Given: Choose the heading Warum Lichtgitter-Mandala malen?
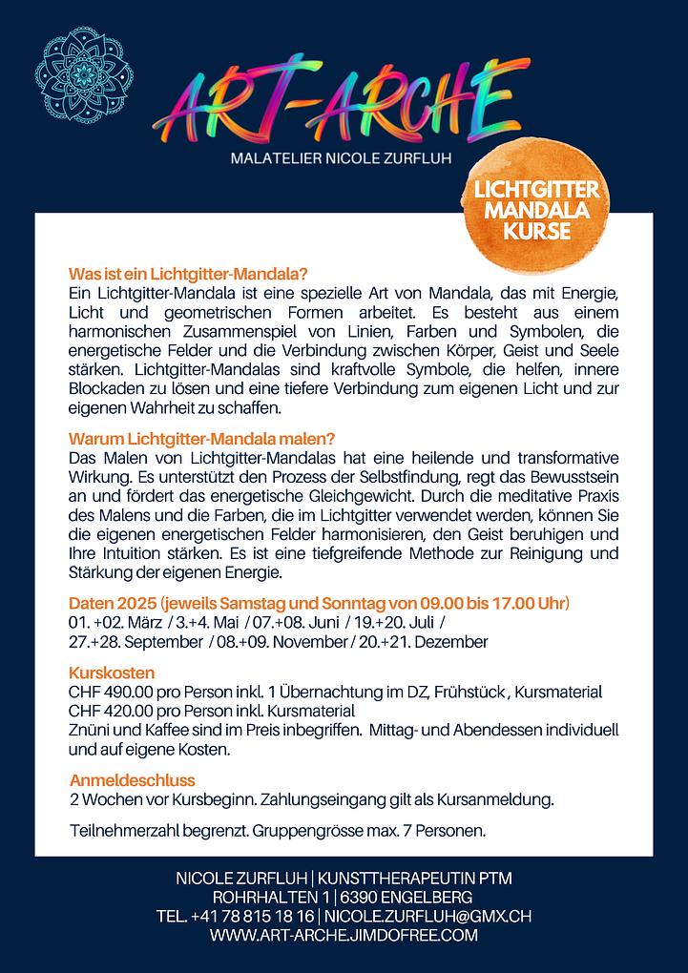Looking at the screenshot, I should click(201, 439).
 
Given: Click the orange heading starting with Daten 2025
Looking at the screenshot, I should click(319, 604).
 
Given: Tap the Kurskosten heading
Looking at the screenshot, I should click(105, 673).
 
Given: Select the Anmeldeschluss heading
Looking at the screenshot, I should click(133, 779).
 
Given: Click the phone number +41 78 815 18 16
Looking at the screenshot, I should click(252, 917).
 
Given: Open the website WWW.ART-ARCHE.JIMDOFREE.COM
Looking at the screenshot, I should click(344, 936).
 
